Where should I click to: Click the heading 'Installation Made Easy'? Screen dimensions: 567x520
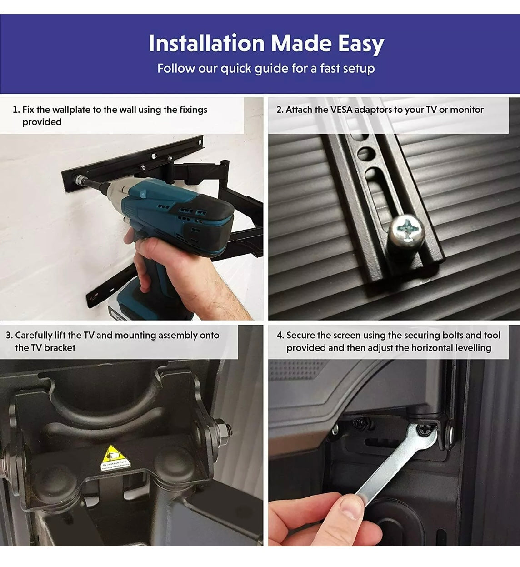(266, 44)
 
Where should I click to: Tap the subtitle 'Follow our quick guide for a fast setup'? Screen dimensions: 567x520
(266, 69)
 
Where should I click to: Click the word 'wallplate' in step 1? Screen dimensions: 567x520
(71, 110)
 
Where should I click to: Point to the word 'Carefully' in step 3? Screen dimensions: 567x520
(34, 336)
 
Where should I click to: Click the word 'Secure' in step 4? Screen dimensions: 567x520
(300, 336)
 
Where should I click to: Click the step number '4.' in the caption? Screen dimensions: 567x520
(280, 336)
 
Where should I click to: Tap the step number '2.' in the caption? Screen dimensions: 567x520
(280, 110)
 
